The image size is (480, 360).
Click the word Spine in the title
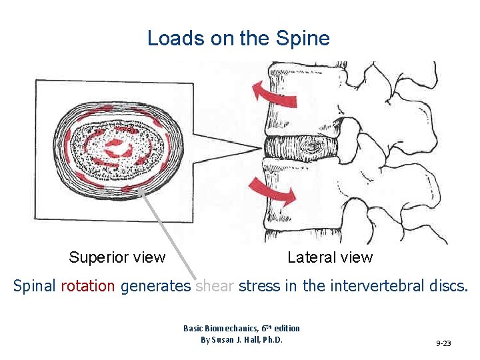click(306, 39)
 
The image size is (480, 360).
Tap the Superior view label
click(117, 257)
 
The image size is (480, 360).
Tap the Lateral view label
click(330, 257)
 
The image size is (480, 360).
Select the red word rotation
click(88, 287)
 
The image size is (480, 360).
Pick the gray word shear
click(215, 287)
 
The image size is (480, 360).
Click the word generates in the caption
click(156, 287)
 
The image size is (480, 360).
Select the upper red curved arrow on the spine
click(275, 93)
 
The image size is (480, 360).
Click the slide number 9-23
click(443, 343)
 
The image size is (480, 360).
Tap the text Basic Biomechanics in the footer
click(213, 328)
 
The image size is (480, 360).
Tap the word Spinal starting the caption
click(35, 287)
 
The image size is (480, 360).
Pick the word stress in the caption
click(261, 287)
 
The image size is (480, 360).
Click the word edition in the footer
click(285, 328)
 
